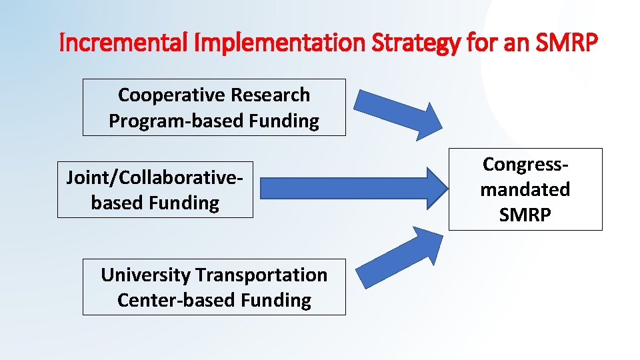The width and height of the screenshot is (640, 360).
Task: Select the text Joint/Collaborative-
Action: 154,177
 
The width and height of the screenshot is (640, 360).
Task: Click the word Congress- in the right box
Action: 525,164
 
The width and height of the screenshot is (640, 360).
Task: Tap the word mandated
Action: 525,189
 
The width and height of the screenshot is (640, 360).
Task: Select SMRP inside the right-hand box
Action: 525,215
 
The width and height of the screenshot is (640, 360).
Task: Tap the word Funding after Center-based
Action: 275,301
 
